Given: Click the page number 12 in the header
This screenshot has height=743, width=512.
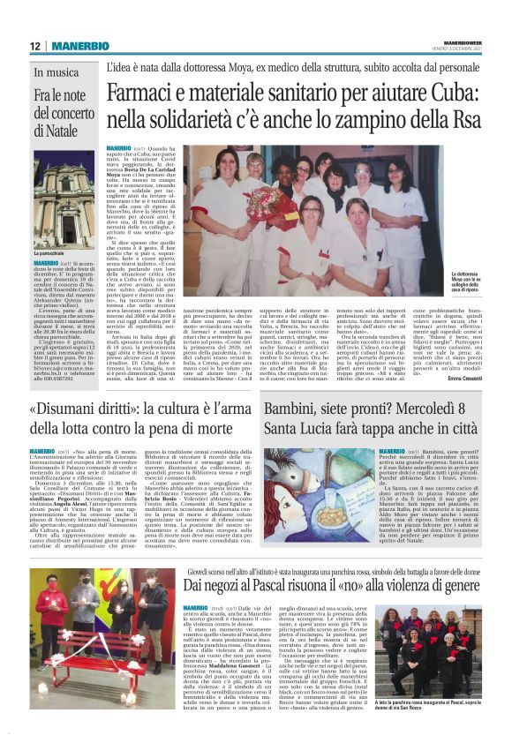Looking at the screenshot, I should (x=35, y=46).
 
